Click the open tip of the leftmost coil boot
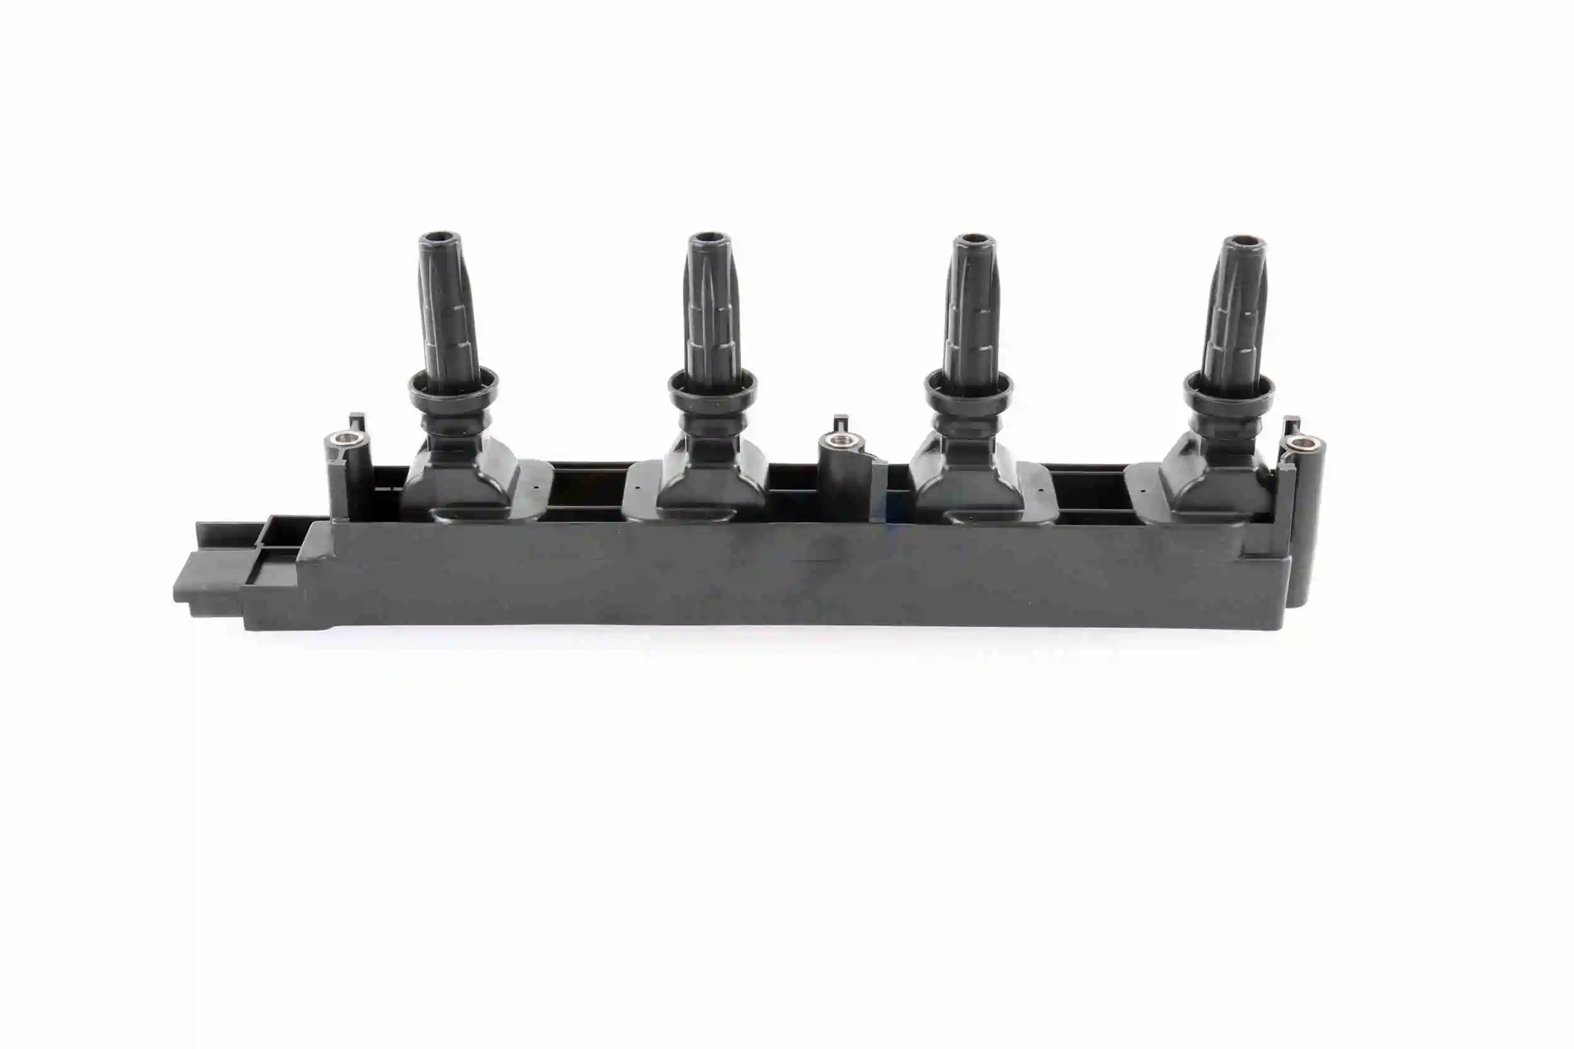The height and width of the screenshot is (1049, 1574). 438,238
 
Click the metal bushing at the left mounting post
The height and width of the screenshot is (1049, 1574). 343,439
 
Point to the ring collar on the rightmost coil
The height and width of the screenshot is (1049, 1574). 1229,395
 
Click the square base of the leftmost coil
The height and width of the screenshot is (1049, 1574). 462,479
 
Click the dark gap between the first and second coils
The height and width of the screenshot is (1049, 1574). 588,492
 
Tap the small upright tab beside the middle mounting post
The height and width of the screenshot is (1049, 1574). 840,424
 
